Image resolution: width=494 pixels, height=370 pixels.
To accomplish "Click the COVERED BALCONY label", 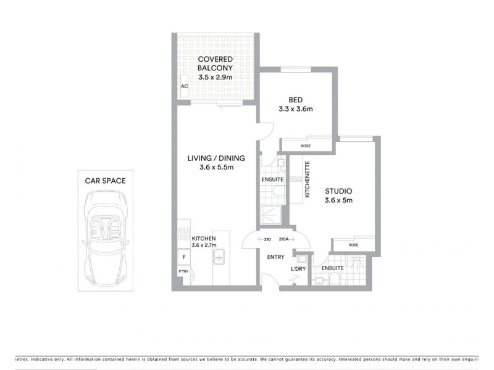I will [x=215, y=64].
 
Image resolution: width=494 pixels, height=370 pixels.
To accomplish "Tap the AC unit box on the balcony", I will [x=184, y=87].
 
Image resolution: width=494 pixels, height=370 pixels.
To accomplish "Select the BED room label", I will [x=295, y=100].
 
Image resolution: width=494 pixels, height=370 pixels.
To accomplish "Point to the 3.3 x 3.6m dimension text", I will [x=295, y=109].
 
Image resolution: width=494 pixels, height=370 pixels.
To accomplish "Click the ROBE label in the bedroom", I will [x=306, y=146].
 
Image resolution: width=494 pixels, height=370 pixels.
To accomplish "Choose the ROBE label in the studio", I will [x=353, y=245].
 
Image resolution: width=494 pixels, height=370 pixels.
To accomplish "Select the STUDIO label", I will [x=338, y=191].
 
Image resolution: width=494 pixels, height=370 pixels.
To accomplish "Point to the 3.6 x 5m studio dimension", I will [x=338, y=200].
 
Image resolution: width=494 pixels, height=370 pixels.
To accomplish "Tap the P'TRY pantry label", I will [x=183, y=272].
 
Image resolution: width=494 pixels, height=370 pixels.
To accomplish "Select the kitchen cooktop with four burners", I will [x=183, y=234].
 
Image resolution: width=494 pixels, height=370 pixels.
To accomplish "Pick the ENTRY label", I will [x=275, y=257].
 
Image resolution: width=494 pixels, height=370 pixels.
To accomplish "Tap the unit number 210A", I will [x=284, y=239].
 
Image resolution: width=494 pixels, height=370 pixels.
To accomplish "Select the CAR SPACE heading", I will [x=105, y=181].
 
